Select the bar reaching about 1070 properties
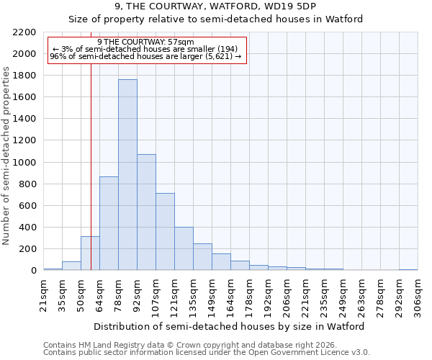(x=146, y=212)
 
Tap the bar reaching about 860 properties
(x=109, y=223)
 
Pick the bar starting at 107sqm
(x=165, y=232)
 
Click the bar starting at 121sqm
(x=184, y=248)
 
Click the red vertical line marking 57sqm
(x=91, y=180)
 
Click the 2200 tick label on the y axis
(x=24, y=32)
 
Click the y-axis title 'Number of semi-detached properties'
(x=6, y=156)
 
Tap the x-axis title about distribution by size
(x=230, y=326)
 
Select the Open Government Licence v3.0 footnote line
(x=207, y=352)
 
